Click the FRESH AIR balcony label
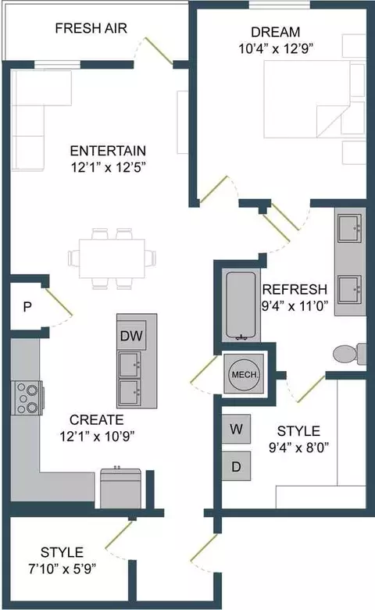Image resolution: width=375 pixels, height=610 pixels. point(91,28)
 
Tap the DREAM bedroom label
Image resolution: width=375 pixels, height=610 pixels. point(276,32)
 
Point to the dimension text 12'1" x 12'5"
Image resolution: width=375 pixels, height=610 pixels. point(108,168)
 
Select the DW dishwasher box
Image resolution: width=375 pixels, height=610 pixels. point(131,336)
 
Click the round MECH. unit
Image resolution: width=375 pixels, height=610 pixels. point(245,375)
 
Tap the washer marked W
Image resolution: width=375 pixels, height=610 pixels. point(236,429)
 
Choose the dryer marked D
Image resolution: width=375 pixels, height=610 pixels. point(236,466)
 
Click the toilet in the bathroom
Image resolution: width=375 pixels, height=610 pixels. point(349,354)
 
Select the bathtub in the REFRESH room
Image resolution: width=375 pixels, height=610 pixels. point(241,306)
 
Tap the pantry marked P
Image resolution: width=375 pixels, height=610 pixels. point(27,307)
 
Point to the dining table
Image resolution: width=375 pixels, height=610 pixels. point(112,258)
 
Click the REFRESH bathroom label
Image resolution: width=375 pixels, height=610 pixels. point(295,290)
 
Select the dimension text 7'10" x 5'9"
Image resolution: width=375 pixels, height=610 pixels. point(62,569)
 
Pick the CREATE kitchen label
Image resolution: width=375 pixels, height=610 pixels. point(97,419)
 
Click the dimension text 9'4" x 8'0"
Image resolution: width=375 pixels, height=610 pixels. point(298,448)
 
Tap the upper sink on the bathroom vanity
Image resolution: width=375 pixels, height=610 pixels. point(350,228)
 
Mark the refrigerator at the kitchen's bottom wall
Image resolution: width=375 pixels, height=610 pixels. point(121,489)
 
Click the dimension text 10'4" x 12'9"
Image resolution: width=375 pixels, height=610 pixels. point(277,49)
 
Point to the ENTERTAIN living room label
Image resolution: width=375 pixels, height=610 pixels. point(108,151)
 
